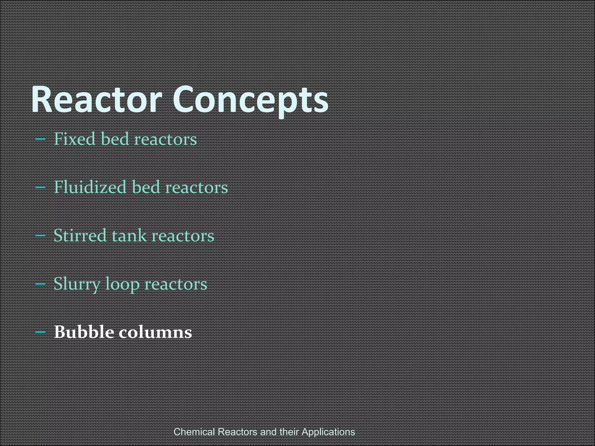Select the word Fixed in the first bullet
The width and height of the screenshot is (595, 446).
(x=75, y=139)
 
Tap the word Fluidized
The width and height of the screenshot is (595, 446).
(x=90, y=187)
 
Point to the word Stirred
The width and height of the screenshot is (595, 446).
(x=80, y=235)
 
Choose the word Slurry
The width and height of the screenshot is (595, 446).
(x=77, y=284)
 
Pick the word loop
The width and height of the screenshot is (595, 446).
(x=122, y=284)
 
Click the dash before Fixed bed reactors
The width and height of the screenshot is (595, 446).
(x=40, y=139)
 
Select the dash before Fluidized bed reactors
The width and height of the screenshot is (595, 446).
(x=40, y=187)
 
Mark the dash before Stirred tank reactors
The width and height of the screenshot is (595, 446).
(x=40, y=235)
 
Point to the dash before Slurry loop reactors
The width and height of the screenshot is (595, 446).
(x=40, y=284)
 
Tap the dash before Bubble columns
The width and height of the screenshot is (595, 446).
(x=40, y=332)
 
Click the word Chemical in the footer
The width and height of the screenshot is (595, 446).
(x=194, y=432)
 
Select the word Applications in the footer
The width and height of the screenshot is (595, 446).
(x=328, y=432)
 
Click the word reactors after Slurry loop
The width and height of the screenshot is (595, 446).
(x=176, y=284)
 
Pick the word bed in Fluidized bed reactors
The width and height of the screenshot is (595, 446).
(x=146, y=187)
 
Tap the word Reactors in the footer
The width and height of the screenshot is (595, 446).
(x=238, y=432)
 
